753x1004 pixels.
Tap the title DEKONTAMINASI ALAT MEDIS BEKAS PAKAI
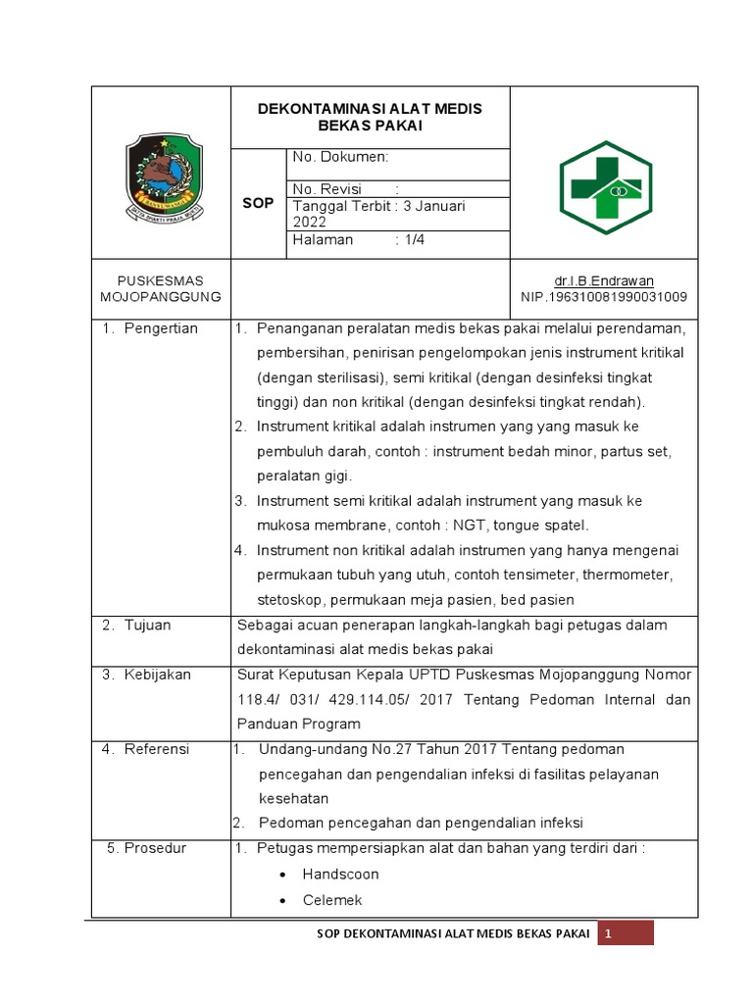370,117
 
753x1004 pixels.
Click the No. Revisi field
327,189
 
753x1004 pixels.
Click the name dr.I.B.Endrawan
616,280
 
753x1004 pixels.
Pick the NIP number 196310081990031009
617,297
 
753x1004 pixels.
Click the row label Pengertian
161,328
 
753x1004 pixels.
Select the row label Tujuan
147,626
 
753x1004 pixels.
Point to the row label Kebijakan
157,675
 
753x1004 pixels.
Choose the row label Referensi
157,749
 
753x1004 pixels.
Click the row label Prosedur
155,848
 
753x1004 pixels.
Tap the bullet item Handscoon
340,874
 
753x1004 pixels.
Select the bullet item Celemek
332,900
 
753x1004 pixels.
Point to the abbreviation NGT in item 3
481,525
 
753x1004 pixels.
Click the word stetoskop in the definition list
291,599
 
